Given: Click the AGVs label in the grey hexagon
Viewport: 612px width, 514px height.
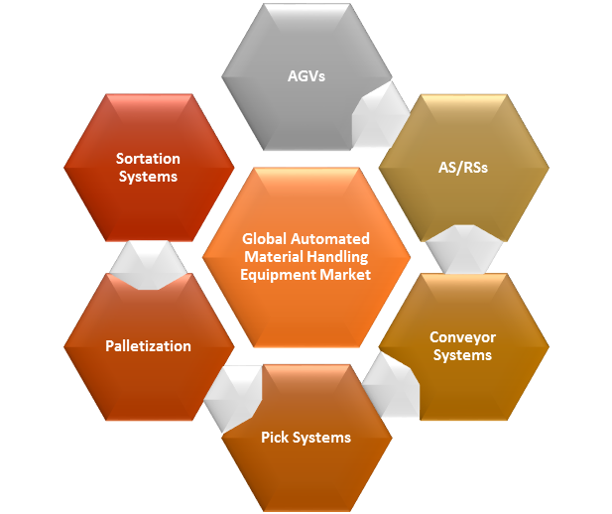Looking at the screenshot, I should coord(306,74).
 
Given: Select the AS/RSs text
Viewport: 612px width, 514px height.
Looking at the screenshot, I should coord(462,168).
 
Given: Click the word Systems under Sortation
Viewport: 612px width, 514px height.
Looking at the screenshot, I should coord(148,177).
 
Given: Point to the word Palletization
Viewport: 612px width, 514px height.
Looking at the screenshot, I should coord(148,346).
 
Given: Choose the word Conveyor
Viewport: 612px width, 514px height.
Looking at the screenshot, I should coord(462,337).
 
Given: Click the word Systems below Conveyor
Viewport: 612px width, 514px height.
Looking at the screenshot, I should coord(462,355).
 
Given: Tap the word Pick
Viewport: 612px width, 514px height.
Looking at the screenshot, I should coord(277,438).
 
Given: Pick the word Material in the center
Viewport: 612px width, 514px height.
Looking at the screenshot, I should coord(268,257).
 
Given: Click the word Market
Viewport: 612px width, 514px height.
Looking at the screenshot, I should coord(343,275).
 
